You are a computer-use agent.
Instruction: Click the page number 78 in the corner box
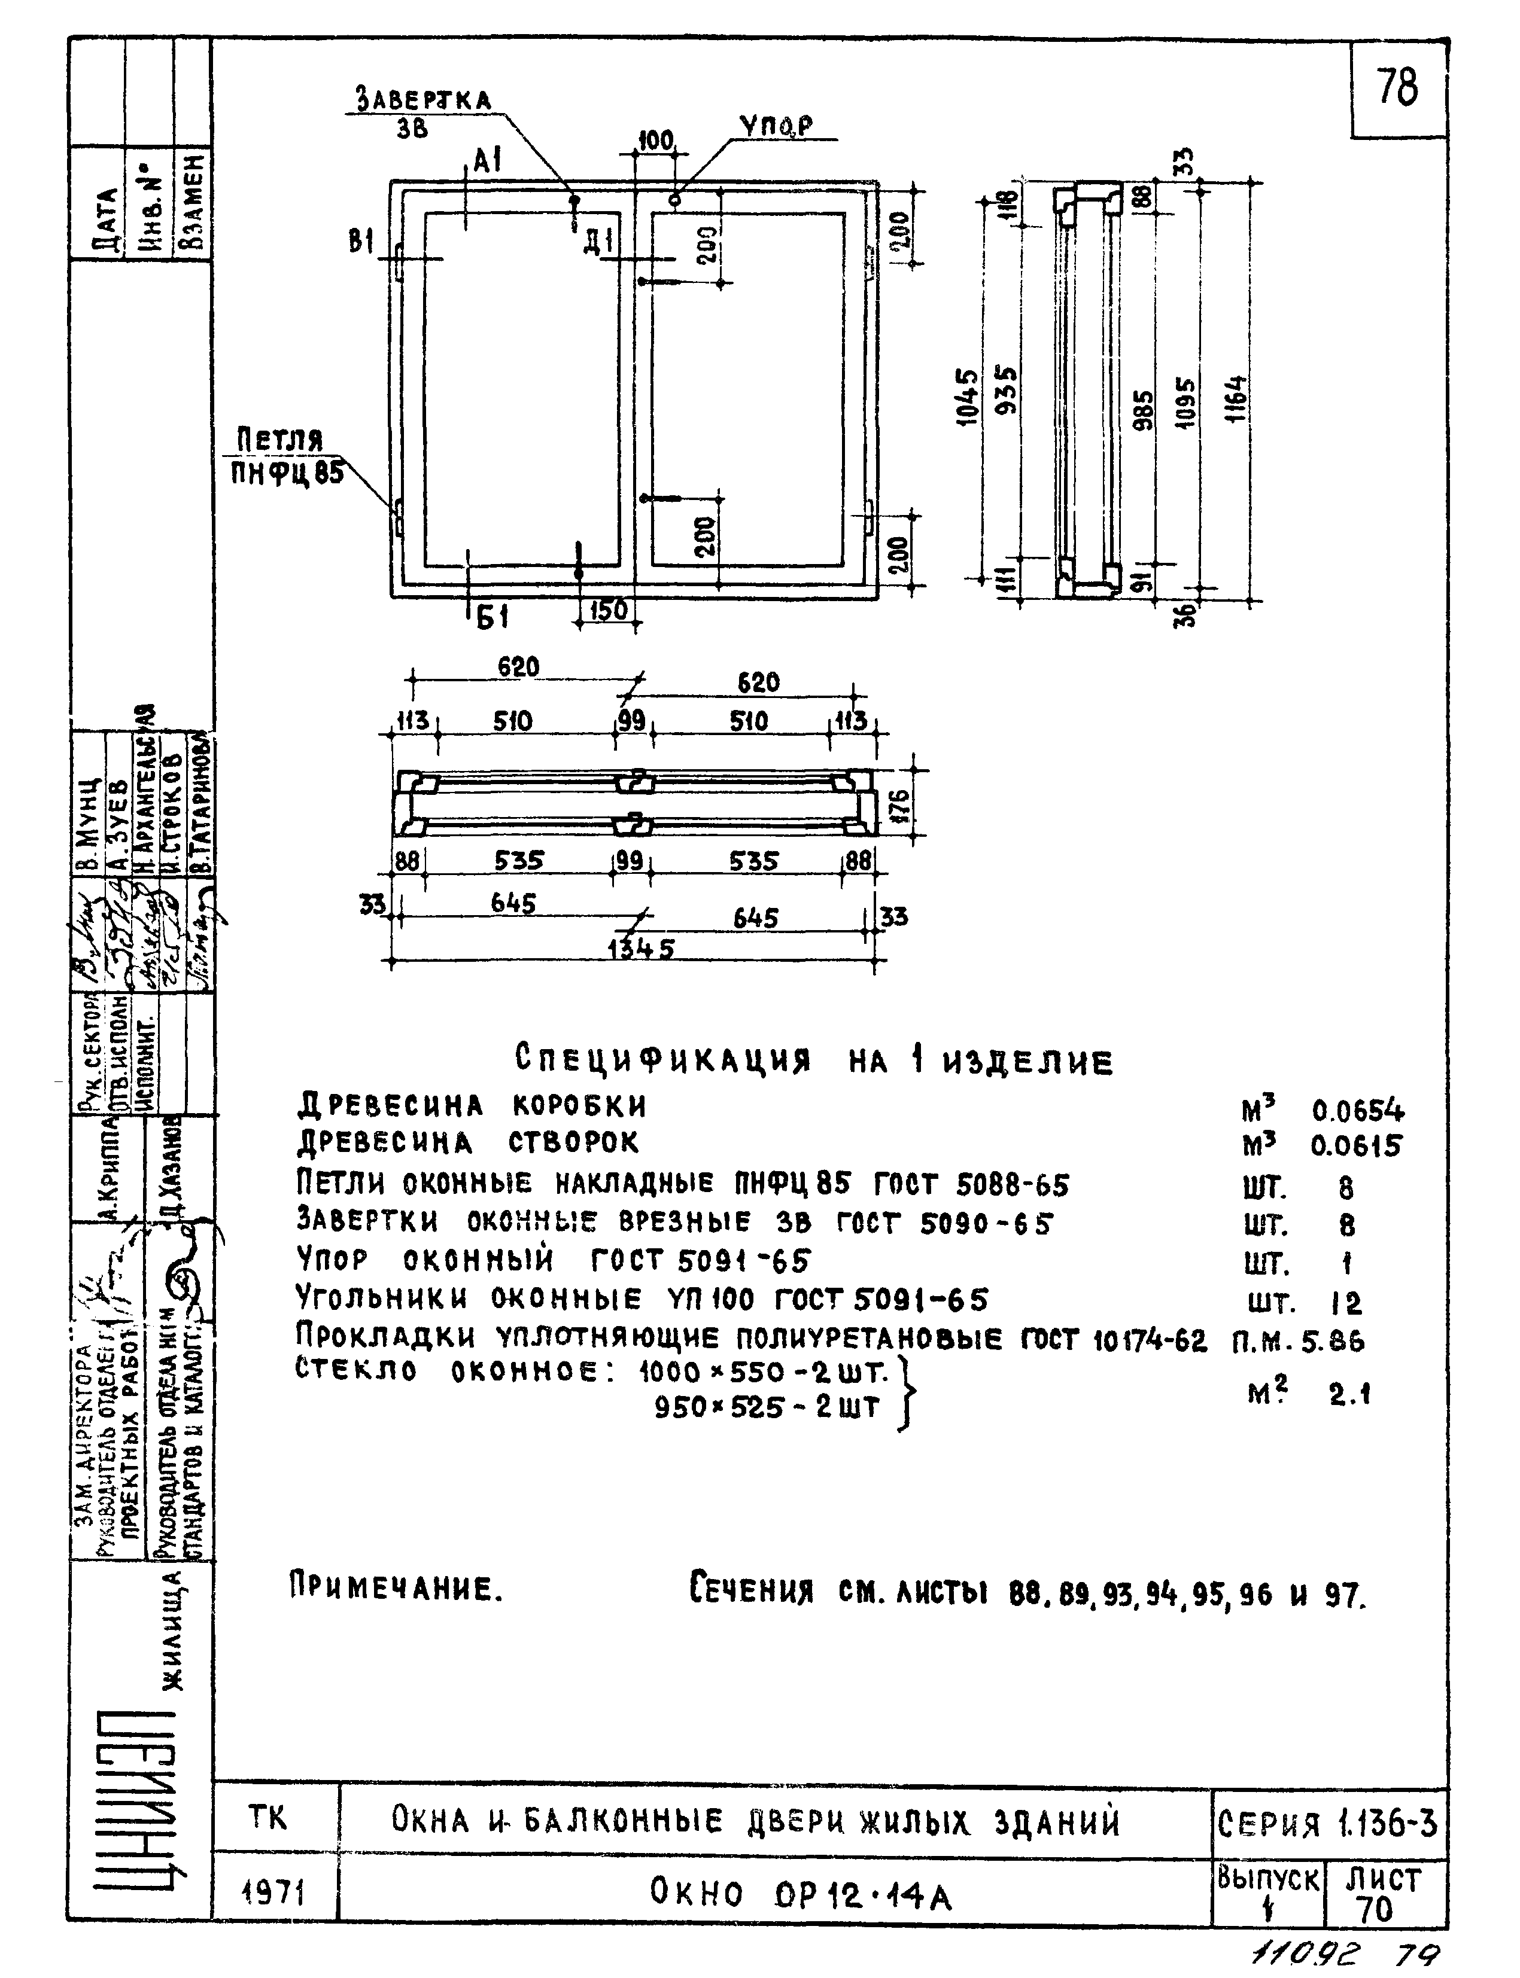pos(1398,88)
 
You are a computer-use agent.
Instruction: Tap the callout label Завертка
pos(422,99)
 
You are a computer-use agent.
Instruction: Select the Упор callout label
pos(776,127)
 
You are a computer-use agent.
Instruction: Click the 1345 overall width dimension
pos(640,948)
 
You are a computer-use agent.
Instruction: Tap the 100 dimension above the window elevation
pos(656,140)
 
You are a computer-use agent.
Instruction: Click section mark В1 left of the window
pos(362,242)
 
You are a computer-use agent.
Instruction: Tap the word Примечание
pos(396,1586)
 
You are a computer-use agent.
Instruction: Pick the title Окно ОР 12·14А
pos(801,1892)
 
